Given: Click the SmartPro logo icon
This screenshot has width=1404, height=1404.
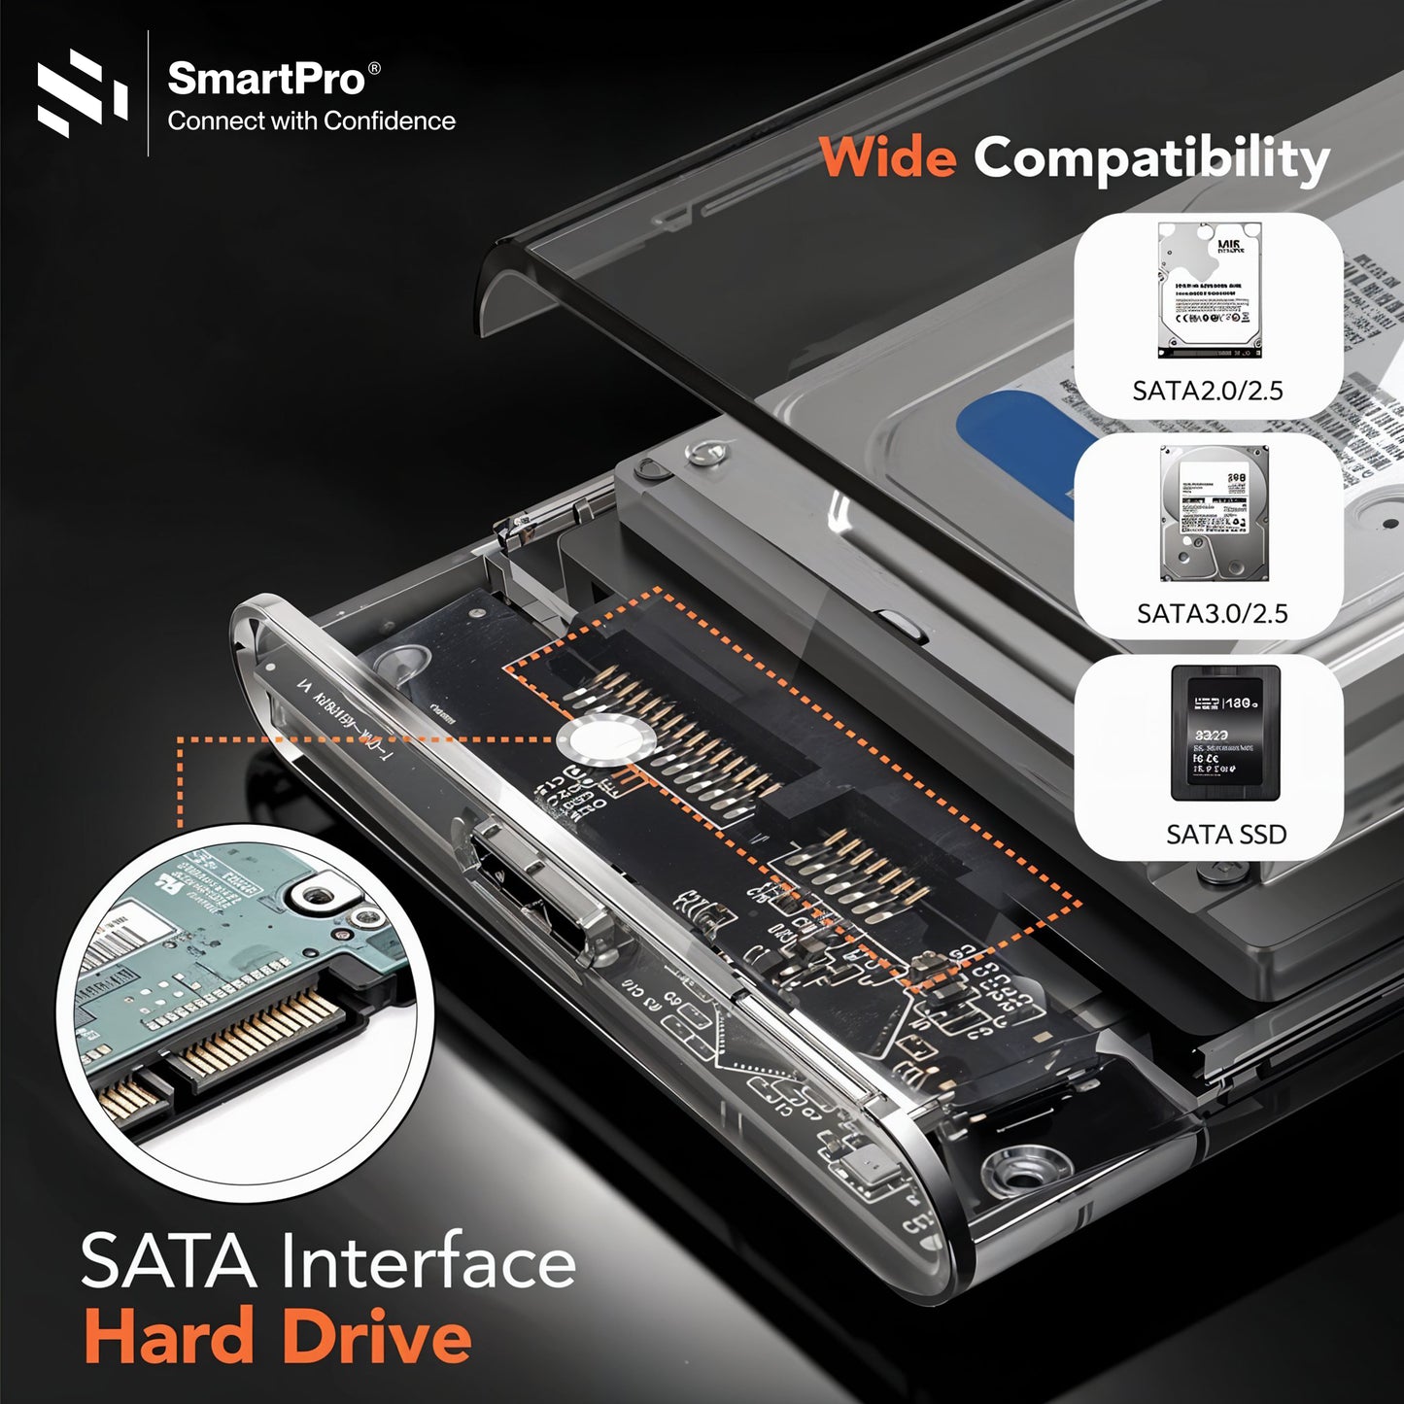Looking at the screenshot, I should (82, 92).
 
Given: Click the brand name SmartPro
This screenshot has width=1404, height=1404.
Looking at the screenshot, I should (265, 79).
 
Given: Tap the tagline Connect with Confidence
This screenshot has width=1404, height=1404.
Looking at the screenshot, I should (311, 121).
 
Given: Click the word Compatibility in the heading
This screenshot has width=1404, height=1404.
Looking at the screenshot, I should (1151, 158).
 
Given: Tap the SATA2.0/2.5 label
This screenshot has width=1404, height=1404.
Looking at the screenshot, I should (1208, 391).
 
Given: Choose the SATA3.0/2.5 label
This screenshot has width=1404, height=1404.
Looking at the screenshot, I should (1212, 613).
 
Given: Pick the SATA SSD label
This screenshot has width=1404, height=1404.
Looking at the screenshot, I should (1225, 835).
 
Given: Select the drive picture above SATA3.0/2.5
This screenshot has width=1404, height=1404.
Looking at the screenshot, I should (1215, 513).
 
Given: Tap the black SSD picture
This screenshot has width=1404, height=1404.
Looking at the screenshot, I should (1224, 734).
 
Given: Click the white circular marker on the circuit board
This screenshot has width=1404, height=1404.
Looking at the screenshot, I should (597, 741).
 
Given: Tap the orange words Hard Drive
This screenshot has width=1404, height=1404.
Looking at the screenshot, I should (278, 1337).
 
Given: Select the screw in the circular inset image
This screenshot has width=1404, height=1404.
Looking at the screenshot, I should (322, 894).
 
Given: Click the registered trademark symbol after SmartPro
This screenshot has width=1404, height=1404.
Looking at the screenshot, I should (375, 68).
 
